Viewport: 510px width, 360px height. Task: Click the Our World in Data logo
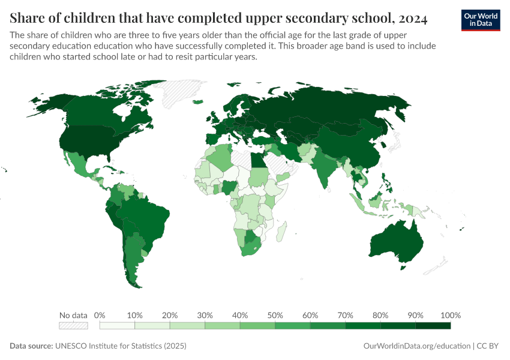[x=480, y=20]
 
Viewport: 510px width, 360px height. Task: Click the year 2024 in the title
[x=412, y=19]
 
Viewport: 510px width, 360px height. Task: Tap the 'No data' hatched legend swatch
[x=73, y=326]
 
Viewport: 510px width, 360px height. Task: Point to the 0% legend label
[x=100, y=315]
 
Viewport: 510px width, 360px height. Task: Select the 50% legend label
[x=275, y=315]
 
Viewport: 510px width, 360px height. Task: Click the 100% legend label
[x=450, y=315]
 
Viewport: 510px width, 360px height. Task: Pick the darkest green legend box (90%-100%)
[x=433, y=326]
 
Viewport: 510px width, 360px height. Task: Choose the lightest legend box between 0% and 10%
[x=117, y=326]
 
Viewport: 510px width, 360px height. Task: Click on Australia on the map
[x=396, y=240]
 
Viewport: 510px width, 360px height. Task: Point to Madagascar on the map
[x=283, y=231]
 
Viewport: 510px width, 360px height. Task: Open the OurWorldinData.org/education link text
[x=417, y=346]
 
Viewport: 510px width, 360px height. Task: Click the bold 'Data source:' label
[x=31, y=346]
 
